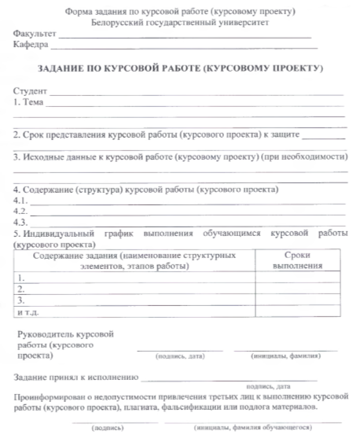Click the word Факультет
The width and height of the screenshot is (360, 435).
[34, 36]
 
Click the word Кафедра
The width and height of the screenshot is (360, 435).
[31, 46]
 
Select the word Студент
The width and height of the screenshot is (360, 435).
[29, 92]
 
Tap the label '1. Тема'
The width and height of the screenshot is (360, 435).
[28, 102]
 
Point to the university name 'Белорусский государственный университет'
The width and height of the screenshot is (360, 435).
[180, 24]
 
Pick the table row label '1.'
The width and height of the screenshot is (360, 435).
[20, 278]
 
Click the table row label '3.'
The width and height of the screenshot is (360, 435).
[20, 300]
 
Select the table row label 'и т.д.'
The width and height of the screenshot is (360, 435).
[27, 312]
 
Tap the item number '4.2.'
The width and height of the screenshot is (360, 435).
[21, 212]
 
